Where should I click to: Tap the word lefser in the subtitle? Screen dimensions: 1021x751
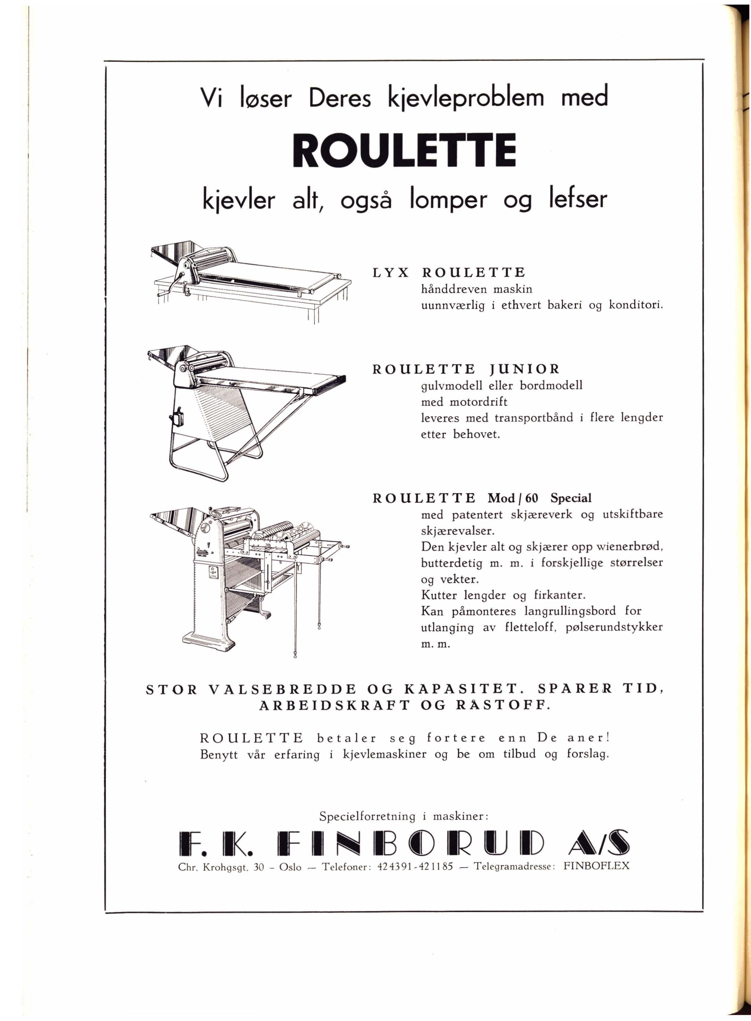coord(576,200)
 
